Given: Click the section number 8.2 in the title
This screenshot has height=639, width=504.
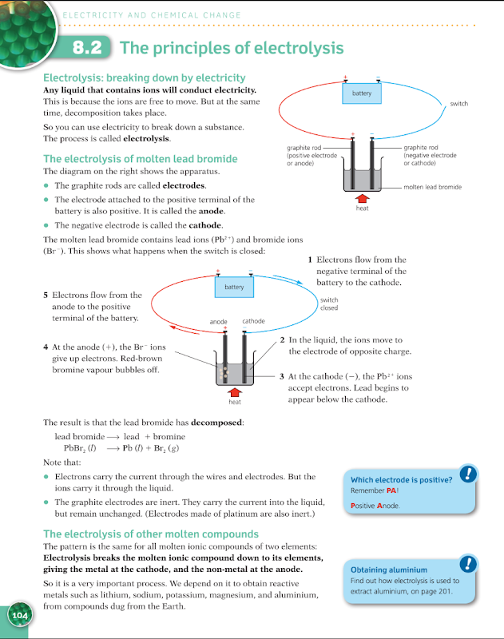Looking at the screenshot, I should pyautogui.click(x=87, y=48).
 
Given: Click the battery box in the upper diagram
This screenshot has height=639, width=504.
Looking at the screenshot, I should pyautogui.click(x=362, y=94).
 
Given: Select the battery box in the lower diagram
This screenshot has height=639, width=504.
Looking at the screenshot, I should pyautogui.click(x=234, y=287).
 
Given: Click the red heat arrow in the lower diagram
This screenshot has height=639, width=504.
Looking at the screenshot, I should pyautogui.click(x=235, y=391).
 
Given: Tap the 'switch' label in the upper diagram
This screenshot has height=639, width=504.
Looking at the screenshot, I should pyautogui.click(x=458, y=104).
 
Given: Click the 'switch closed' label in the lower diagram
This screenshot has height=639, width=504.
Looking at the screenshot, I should pyautogui.click(x=328, y=304).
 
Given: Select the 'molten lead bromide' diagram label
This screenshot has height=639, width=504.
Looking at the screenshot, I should pyautogui.click(x=432, y=187).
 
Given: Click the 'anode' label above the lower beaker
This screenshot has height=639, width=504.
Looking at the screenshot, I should pyautogui.click(x=218, y=321).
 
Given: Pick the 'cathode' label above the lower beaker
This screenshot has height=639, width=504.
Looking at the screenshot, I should pyautogui.click(x=253, y=321).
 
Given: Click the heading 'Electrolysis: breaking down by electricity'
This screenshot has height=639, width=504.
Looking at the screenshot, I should pyautogui.click(x=144, y=77).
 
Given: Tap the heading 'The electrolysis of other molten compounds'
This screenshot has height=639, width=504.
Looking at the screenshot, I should pyautogui.click(x=151, y=534).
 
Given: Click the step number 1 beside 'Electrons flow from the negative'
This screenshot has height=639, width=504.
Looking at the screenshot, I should pyautogui.click(x=310, y=260).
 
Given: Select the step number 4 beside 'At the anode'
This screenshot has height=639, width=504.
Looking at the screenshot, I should pyautogui.click(x=46, y=347).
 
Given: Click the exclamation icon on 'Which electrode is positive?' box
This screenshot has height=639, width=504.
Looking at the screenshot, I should pyautogui.click(x=469, y=474).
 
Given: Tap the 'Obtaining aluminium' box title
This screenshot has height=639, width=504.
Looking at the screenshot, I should pyautogui.click(x=388, y=570).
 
